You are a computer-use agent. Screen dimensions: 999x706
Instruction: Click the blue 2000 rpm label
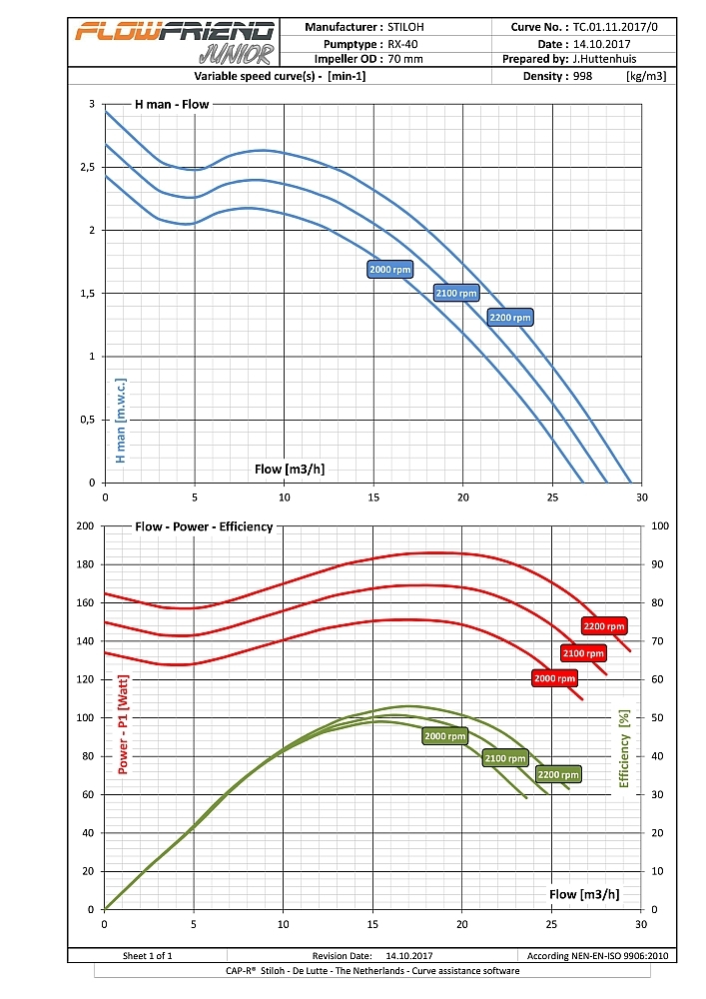pyautogui.click(x=389, y=270)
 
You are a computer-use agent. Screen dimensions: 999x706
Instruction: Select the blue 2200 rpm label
pyautogui.click(x=509, y=318)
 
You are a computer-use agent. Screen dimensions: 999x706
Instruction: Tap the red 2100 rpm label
pyautogui.click(x=583, y=653)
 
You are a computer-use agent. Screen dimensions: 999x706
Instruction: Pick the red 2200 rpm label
pyautogui.click(x=604, y=626)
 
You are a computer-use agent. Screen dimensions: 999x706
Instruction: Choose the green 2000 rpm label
pyautogui.click(x=445, y=736)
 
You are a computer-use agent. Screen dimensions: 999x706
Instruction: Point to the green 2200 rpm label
pyautogui.click(x=558, y=774)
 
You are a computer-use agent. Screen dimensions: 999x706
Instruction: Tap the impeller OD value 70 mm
pyautogui.click(x=405, y=59)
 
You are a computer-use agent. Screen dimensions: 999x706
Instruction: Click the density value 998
pyautogui.click(x=583, y=75)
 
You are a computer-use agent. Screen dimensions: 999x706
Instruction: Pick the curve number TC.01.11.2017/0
pyautogui.click(x=616, y=28)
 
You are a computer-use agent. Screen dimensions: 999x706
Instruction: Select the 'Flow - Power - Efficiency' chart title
pyautogui.click(x=204, y=525)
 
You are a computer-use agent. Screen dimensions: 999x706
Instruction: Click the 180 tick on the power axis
pyautogui.click(x=85, y=564)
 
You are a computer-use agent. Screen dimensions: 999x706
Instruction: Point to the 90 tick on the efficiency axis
pyautogui.click(x=659, y=564)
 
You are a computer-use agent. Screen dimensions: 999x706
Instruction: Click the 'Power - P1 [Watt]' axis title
pyautogui.click(x=124, y=724)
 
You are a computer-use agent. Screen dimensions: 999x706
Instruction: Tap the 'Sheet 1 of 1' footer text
pyautogui.click(x=148, y=955)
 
